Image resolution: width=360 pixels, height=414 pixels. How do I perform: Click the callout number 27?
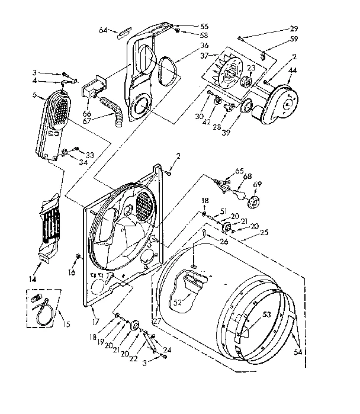157,322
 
